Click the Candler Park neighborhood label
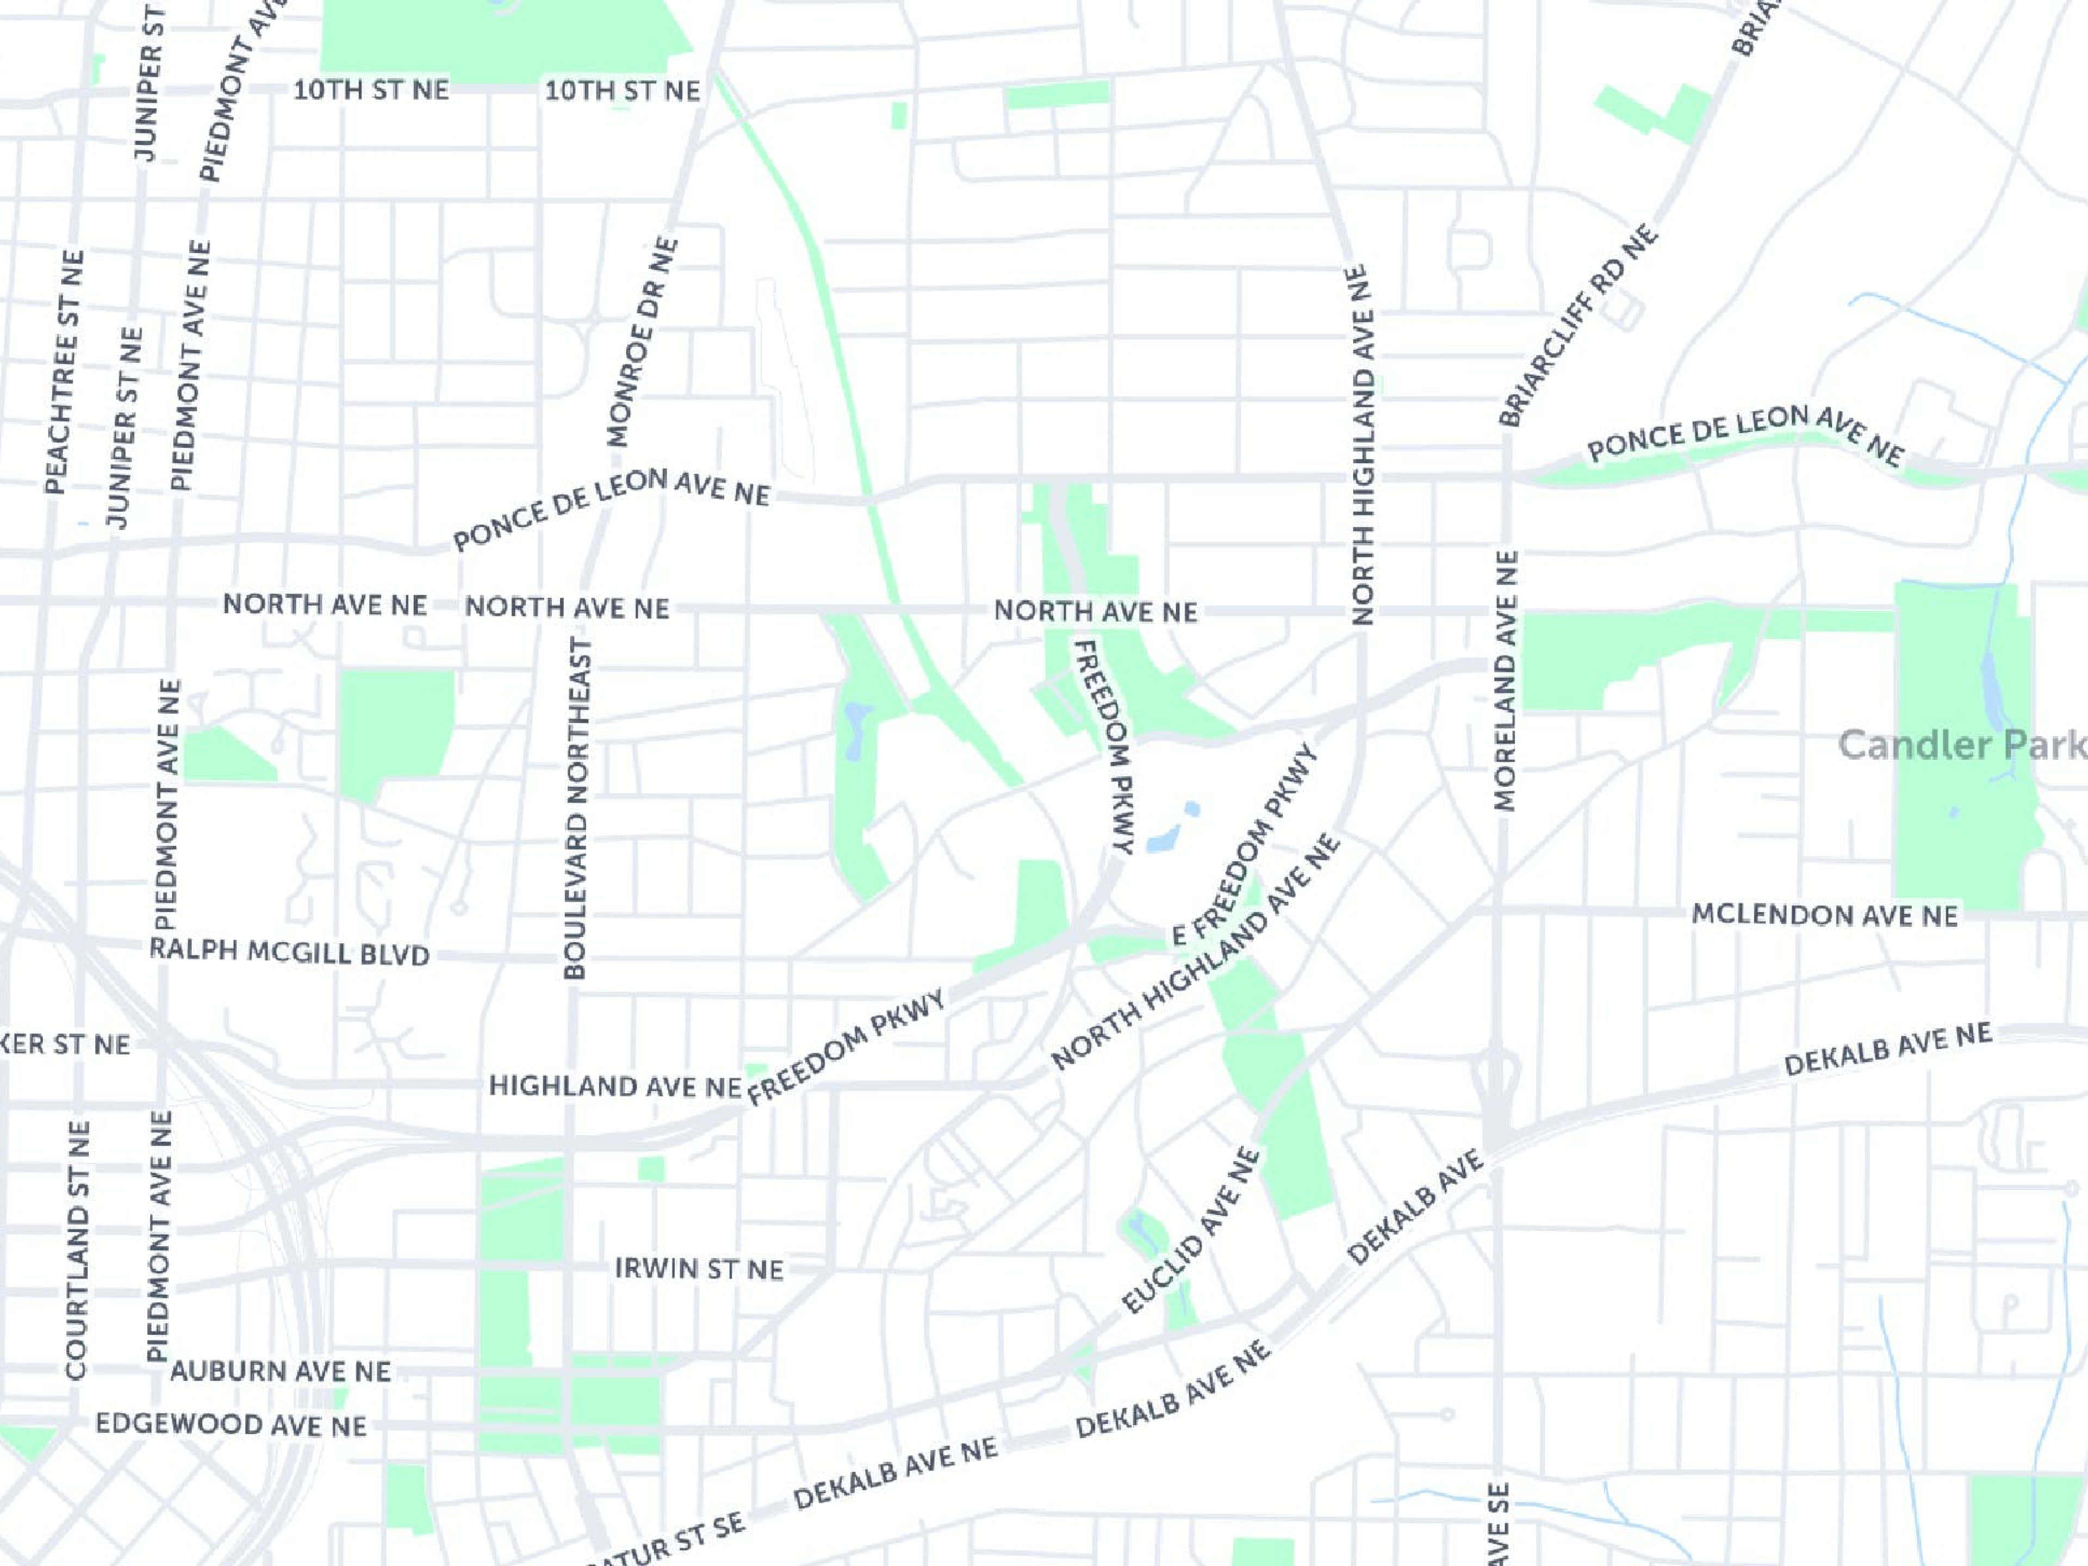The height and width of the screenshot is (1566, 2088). pyautogui.click(x=1961, y=745)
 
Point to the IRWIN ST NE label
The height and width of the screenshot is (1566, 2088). pyautogui.click(x=699, y=1269)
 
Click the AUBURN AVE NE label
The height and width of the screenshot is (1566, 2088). pyautogui.click(x=281, y=1371)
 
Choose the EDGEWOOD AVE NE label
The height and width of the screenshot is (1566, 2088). pyautogui.click(x=231, y=1425)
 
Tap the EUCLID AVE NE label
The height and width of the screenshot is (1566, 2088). pyautogui.click(x=1191, y=1231)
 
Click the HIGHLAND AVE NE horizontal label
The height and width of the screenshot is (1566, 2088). pyautogui.click(x=614, y=1086)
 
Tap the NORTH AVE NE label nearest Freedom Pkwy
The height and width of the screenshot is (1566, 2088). pyautogui.click(x=1095, y=612)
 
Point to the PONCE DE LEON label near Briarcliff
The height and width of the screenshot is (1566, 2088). pyautogui.click(x=1747, y=435)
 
